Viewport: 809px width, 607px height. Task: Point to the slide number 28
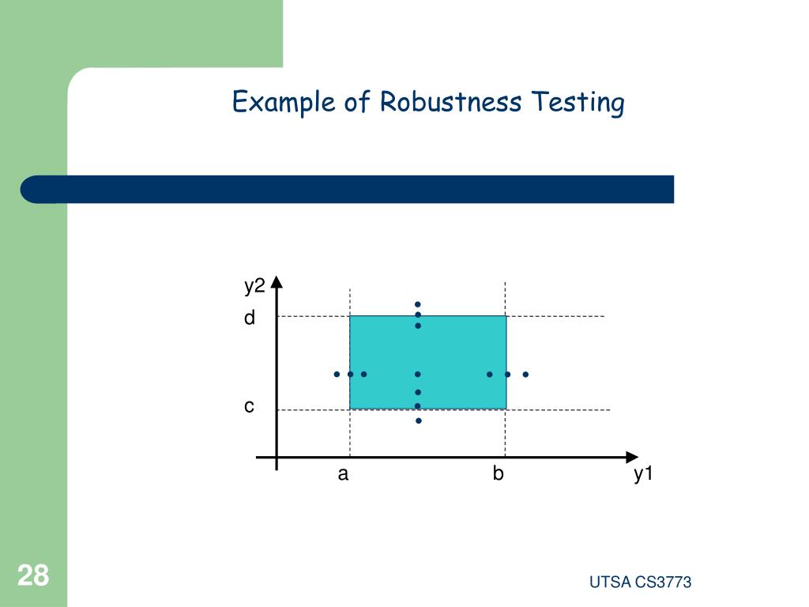tap(32, 575)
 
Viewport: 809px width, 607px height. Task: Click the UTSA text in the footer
tap(610, 582)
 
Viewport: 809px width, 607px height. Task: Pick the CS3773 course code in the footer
tap(664, 582)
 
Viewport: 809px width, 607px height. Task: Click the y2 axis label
tap(254, 286)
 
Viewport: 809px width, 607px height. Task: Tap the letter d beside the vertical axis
tap(250, 318)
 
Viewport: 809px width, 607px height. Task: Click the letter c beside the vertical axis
tap(249, 406)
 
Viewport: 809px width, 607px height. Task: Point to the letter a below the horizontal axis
tap(343, 474)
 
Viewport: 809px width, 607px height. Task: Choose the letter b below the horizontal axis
tap(498, 474)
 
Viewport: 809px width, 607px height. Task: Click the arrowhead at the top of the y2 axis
tap(277, 282)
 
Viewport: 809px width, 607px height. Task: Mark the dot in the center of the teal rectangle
tap(418, 374)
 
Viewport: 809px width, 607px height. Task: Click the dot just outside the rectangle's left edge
tap(337, 374)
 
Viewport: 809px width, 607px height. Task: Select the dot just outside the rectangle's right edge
tap(525, 374)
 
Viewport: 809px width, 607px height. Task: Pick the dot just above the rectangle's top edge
tap(418, 304)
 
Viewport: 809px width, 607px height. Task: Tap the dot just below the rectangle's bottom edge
tap(419, 420)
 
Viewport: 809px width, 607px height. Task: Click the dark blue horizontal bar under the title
tap(348, 190)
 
